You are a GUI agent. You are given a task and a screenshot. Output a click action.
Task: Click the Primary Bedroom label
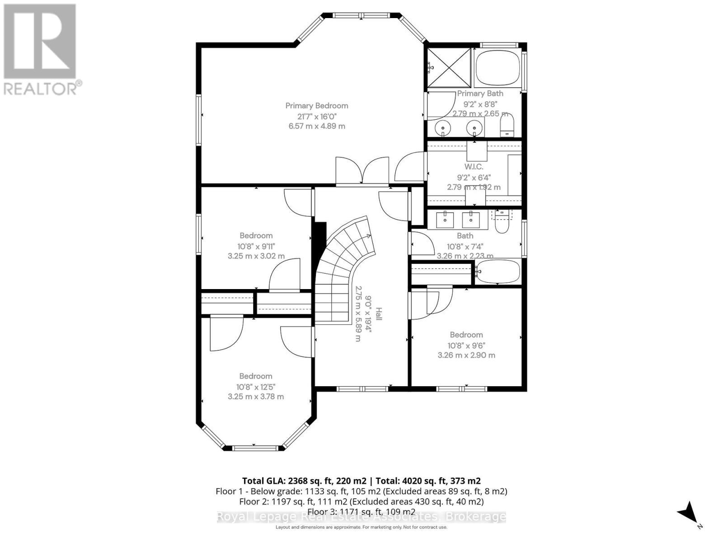(x=317, y=106)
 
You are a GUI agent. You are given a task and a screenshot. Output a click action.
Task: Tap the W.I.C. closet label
(x=474, y=167)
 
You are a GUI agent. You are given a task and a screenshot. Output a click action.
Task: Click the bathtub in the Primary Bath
(x=497, y=68)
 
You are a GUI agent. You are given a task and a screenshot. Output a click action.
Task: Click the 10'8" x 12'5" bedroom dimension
(x=256, y=387)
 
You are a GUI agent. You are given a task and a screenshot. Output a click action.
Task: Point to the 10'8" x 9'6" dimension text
(x=466, y=345)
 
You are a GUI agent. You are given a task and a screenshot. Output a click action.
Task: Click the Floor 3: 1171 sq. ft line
(x=361, y=512)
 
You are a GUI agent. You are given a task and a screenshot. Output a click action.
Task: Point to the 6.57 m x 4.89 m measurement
(x=317, y=126)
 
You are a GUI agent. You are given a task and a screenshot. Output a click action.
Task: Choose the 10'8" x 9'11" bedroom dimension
(x=256, y=246)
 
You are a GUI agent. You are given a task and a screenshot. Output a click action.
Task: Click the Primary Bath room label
(x=480, y=93)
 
